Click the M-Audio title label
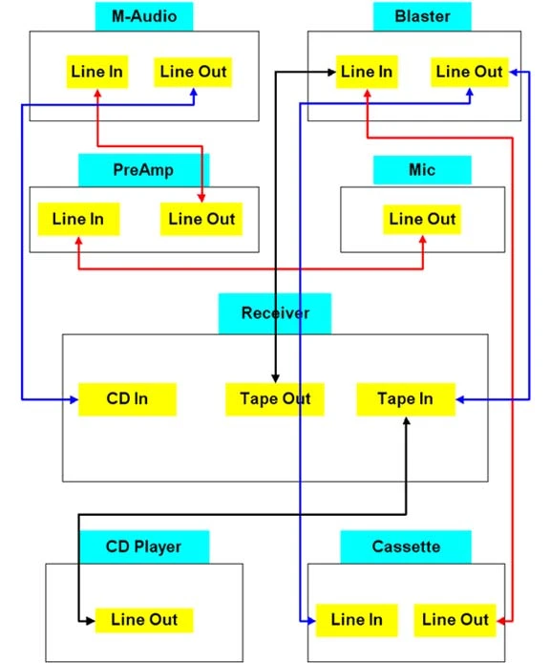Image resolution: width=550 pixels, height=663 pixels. (144, 16)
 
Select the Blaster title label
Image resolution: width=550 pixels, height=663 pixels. (422, 16)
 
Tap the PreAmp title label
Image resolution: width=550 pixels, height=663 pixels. (144, 170)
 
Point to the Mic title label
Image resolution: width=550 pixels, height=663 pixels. (422, 170)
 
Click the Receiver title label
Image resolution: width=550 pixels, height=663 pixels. (275, 313)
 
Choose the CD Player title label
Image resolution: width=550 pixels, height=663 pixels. (144, 546)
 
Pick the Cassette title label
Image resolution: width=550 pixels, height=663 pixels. (406, 546)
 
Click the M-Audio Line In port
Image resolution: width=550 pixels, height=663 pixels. (97, 72)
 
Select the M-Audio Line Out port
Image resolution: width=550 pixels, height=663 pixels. (193, 72)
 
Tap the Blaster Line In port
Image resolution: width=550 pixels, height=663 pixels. (367, 72)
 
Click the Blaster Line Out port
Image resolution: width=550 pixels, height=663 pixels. (469, 72)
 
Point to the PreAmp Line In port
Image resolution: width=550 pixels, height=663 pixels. (78, 219)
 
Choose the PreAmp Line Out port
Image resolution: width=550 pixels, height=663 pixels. (201, 219)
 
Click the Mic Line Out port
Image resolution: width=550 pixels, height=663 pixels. (422, 219)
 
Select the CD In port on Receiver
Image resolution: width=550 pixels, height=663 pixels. (127, 399)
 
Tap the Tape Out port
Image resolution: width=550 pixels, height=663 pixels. (275, 399)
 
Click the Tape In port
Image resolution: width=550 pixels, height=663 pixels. (406, 399)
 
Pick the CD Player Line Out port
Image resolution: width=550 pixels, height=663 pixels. (144, 620)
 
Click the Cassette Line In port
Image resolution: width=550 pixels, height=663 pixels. (357, 620)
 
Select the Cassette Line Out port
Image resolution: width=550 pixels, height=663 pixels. (455, 620)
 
